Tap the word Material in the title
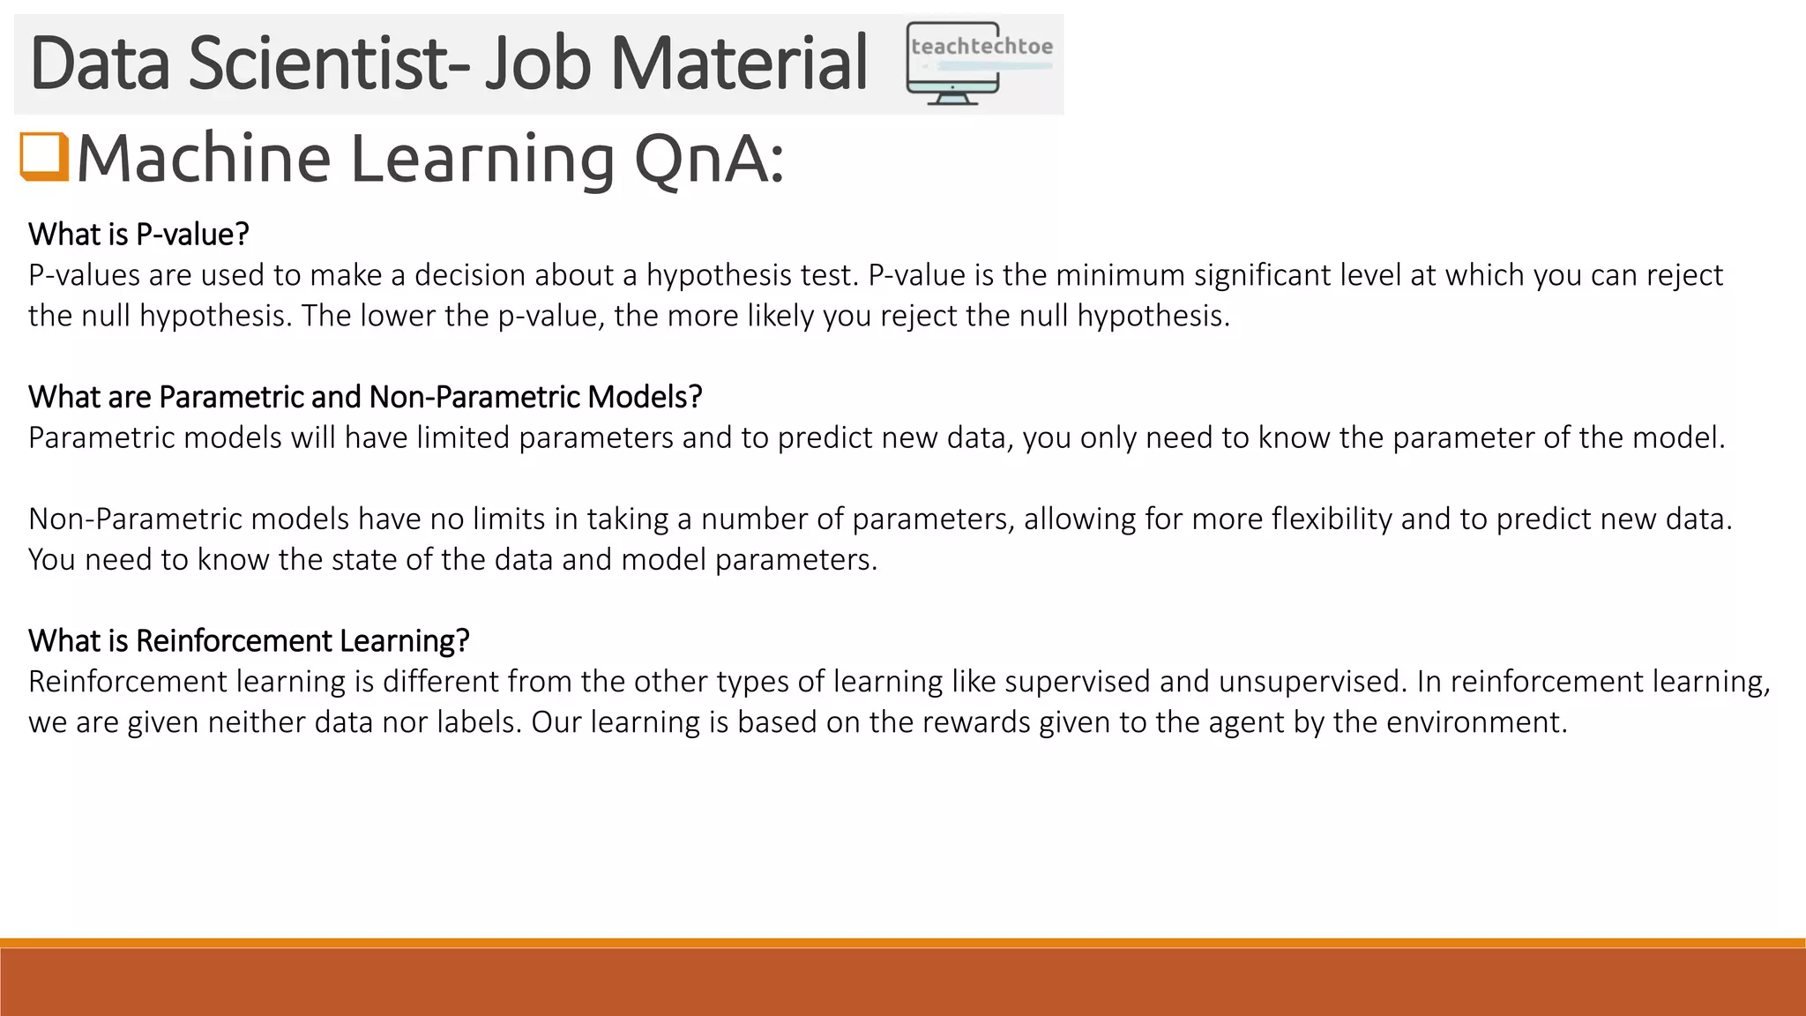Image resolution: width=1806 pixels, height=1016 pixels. tap(738, 63)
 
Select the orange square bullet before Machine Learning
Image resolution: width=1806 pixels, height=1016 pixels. tap(44, 157)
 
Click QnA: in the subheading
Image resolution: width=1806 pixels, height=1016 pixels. tap(708, 160)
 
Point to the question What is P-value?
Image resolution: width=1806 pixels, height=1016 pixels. tap(138, 235)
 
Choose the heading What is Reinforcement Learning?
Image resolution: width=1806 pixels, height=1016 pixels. tap(249, 640)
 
